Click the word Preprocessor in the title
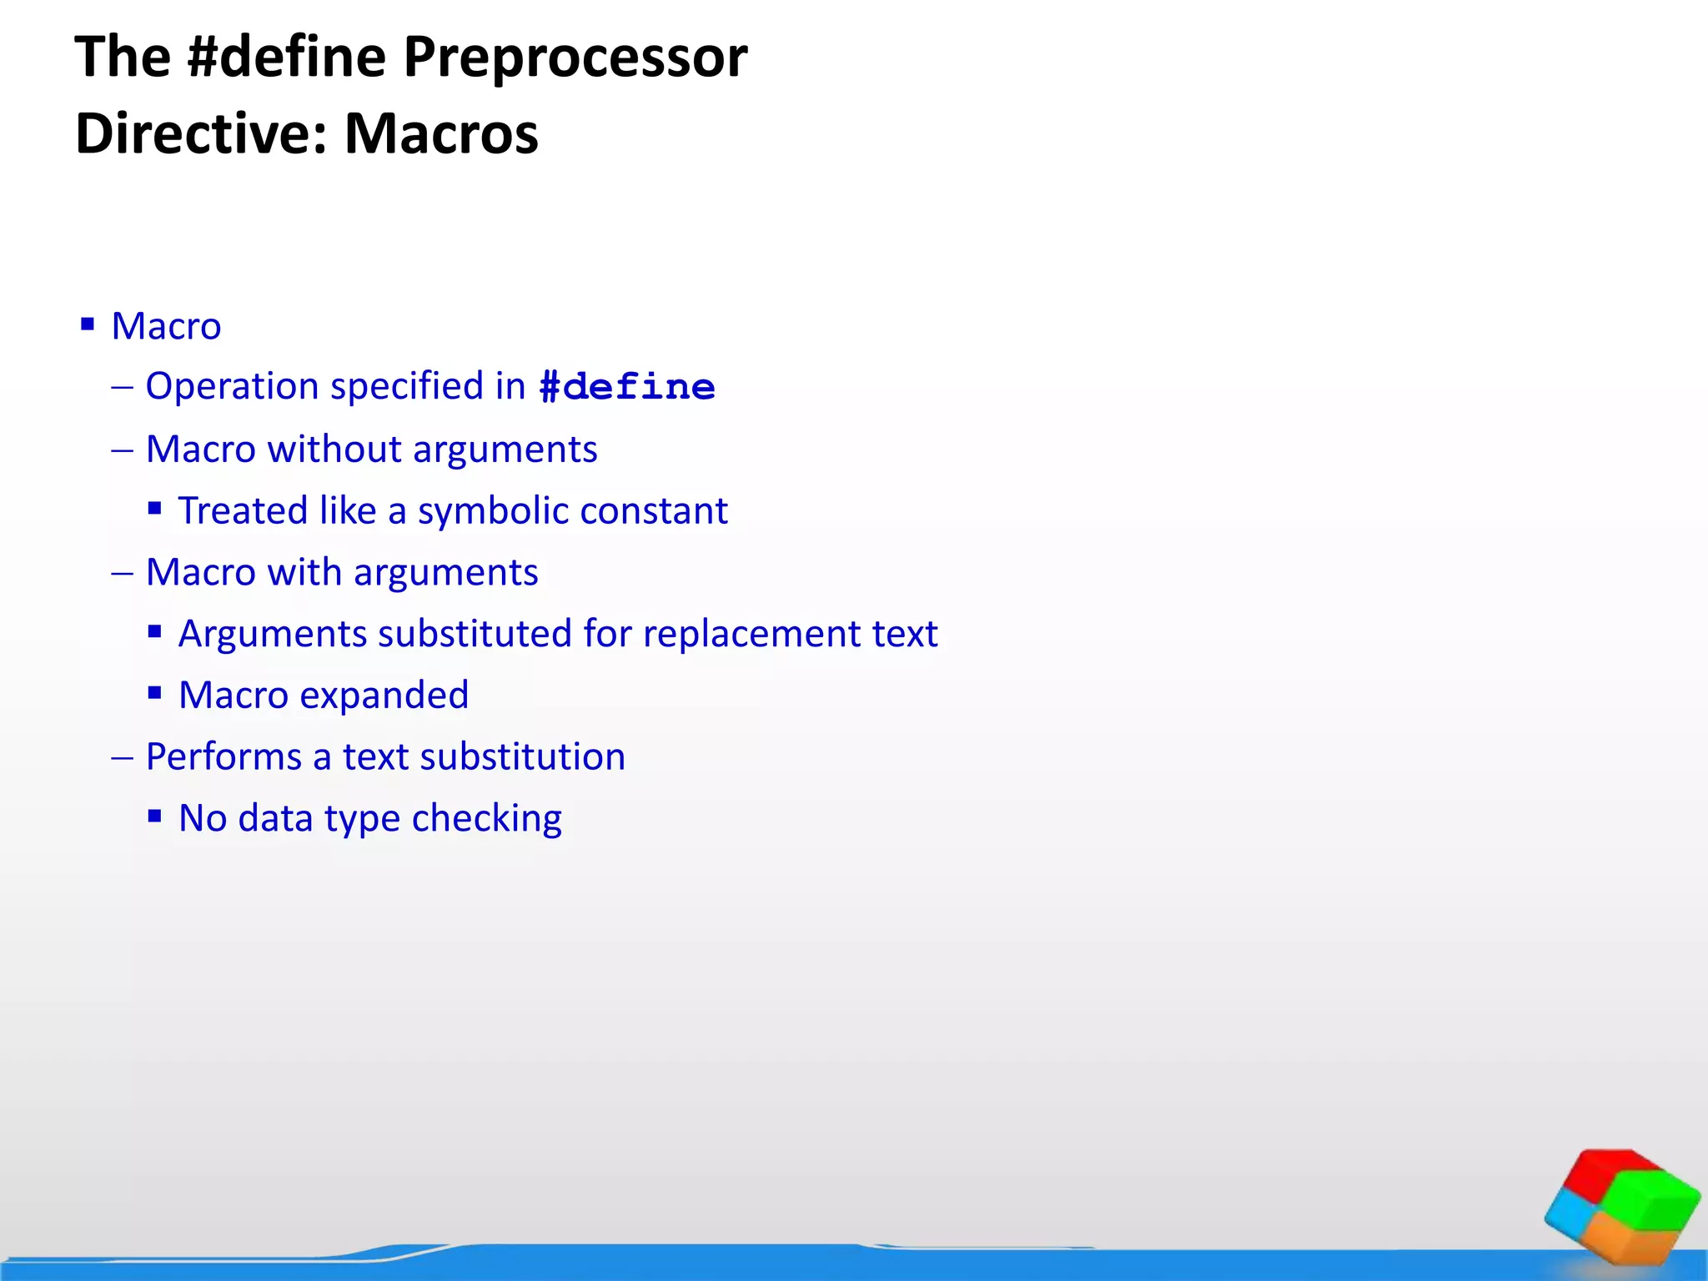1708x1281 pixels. coord(575,58)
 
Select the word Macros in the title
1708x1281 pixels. coord(441,133)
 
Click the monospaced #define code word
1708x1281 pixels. coord(627,388)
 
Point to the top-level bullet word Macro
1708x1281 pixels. coord(166,326)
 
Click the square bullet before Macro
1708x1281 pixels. coord(88,324)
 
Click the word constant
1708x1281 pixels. coord(654,511)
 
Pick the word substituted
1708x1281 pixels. coord(475,634)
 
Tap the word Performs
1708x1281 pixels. coord(224,757)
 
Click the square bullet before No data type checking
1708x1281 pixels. coord(154,816)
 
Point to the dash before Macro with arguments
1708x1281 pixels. coord(122,573)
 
